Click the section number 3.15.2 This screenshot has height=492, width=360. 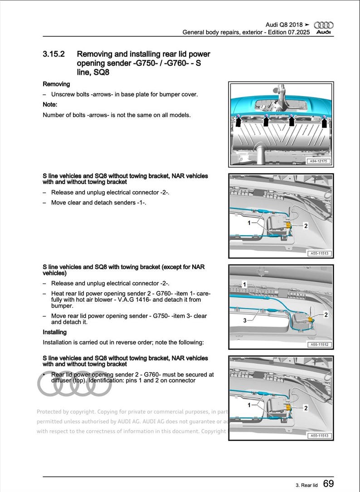(x=54, y=54)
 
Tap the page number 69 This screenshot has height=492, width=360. (x=329, y=484)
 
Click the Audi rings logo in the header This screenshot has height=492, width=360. (x=324, y=25)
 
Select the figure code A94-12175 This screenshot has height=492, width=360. (x=319, y=161)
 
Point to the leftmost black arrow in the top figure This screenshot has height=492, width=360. (x=238, y=121)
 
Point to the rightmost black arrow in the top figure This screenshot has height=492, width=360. (x=324, y=121)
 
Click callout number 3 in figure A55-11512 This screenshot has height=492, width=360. (x=245, y=320)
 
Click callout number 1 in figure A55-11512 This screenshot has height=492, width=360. (x=244, y=285)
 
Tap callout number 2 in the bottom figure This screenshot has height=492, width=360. (x=306, y=408)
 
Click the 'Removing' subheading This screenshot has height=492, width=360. (x=56, y=84)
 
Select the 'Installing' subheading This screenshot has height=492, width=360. (x=54, y=332)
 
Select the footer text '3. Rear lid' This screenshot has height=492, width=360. (x=304, y=485)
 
